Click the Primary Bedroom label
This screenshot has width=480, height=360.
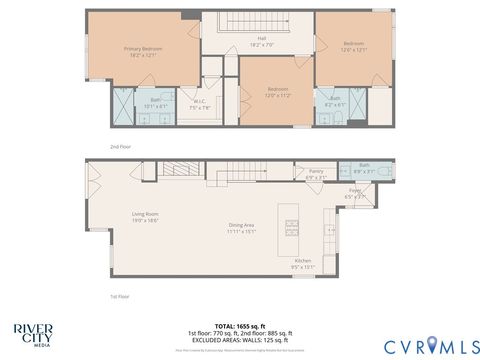pyautogui.click(x=143, y=51)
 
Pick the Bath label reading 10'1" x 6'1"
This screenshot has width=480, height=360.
pyautogui.click(x=156, y=103)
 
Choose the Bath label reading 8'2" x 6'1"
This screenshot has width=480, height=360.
pyautogui.click(x=335, y=102)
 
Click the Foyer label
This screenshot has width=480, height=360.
pyautogui.click(x=355, y=192)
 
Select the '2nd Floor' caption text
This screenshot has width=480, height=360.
pyautogui.click(x=122, y=147)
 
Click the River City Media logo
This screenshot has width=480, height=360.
pyautogui.click(x=34, y=334)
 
